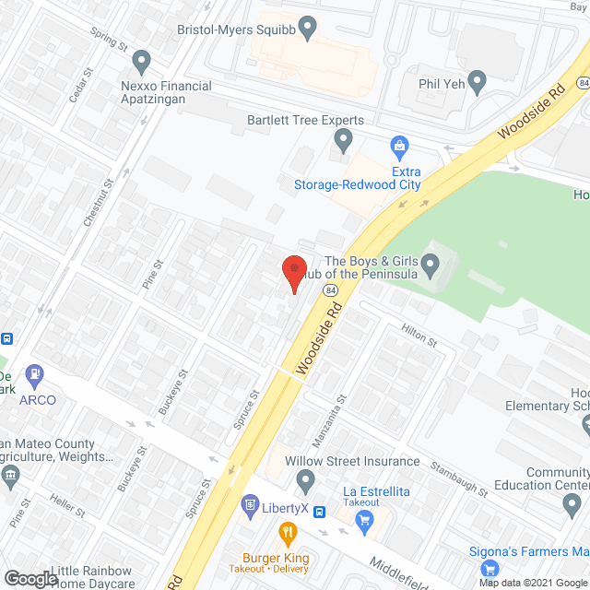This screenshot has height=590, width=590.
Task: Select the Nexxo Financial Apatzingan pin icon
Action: coord(141,63)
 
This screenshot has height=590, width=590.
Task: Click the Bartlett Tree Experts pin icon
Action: coord(343,141)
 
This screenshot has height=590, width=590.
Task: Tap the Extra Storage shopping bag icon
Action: coord(399,145)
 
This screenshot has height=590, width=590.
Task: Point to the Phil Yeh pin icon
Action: coord(477,82)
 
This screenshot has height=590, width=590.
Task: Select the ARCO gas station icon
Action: coord(36,375)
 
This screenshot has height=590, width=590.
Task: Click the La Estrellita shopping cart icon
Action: coord(363,520)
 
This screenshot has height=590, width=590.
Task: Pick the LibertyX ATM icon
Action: coord(248,504)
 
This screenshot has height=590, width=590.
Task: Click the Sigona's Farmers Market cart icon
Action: coord(490,569)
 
